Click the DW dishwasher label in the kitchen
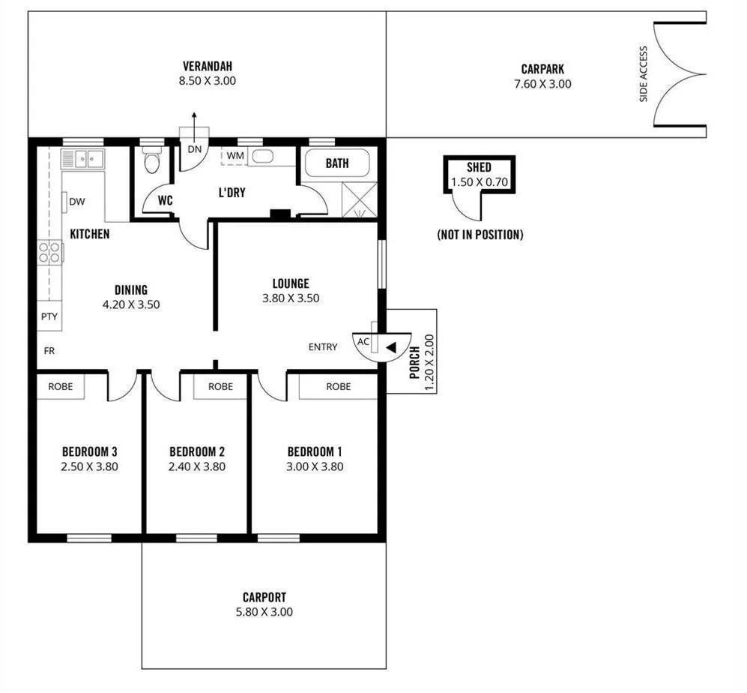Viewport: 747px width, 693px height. click(x=76, y=201)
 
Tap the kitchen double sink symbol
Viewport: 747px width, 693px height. click(x=82, y=159)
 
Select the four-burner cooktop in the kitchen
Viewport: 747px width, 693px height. click(x=49, y=252)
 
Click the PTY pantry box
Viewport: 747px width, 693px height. click(x=49, y=316)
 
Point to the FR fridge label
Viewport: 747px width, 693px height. click(x=49, y=350)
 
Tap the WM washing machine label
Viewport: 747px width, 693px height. click(x=235, y=155)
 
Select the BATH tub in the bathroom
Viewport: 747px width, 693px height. click(x=336, y=163)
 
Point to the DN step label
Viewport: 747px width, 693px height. click(x=195, y=149)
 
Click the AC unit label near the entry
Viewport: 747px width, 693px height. click(x=363, y=341)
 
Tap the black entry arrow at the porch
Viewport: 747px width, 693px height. click(x=390, y=346)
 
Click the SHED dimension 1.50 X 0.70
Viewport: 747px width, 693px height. click(x=478, y=181)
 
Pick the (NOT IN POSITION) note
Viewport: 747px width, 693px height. click(x=480, y=235)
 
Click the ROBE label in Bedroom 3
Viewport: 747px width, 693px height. click(x=61, y=387)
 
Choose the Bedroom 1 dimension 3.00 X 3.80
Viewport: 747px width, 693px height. click(x=315, y=466)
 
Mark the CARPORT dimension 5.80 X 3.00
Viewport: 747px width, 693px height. click(x=264, y=611)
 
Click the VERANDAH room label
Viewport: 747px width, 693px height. click(x=207, y=66)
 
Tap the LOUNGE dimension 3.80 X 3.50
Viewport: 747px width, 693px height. click(x=291, y=298)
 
